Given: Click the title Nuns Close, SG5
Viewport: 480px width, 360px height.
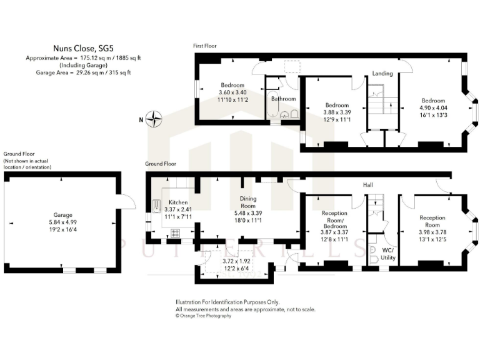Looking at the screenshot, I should (x=83, y=46).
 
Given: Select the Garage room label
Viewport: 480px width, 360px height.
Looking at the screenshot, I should (x=61, y=213).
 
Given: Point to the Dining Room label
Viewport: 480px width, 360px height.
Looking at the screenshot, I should (x=249, y=202).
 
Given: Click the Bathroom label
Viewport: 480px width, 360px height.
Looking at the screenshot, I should (x=283, y=99).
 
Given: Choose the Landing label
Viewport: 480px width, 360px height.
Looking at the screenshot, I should (x=382, y=74).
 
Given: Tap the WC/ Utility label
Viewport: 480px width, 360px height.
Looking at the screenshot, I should (x=387, y=253).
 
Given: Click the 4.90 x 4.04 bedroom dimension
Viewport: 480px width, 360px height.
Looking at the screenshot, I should (x=432, y=108).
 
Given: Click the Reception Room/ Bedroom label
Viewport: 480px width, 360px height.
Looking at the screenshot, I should (x=334, y=217).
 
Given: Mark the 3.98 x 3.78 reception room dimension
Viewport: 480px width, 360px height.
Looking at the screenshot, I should (x=432, y=232).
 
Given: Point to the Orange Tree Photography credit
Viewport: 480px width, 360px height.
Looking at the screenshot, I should (x=204, y=316).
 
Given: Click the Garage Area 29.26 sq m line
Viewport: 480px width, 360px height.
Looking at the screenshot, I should (x=83, y=72).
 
